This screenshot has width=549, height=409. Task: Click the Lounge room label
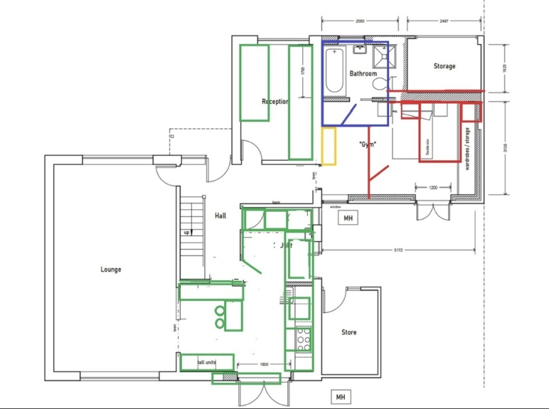[111, 269]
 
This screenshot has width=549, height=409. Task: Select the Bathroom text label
[363, 73]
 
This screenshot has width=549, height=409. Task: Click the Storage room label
[444, 66]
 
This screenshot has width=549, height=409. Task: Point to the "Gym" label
[368, 145]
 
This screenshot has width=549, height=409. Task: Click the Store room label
[349, 333]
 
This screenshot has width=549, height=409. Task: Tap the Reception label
[275, 102]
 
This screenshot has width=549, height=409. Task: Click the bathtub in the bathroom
[334, 72]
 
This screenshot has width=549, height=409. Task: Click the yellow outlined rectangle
[330, 146]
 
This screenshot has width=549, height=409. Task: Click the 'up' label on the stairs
[186, 232]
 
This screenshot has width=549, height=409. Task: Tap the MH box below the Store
[339, 396]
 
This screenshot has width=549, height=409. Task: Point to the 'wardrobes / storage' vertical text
[467, 149]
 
